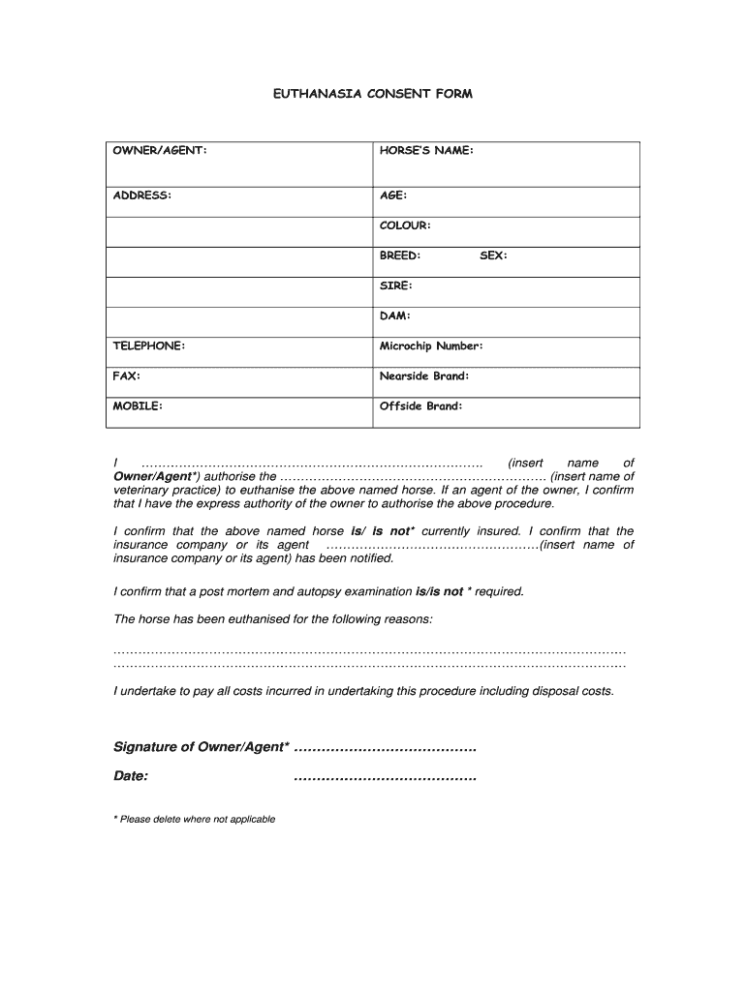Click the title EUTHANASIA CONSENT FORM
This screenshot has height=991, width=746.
tap(372, 94)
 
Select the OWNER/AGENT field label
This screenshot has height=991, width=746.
tap(160, 151)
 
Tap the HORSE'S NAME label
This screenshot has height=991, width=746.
tap(426, 151)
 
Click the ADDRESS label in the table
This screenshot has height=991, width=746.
tap(142, 195)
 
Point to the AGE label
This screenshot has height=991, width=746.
tap(392, 195)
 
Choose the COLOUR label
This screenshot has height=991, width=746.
tap(405, 225)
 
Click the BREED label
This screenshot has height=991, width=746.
tap(400, 255)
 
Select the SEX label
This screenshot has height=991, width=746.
tap(493, 255)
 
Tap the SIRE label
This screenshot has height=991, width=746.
tap(396, 285)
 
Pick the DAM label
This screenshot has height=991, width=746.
tap(395, 315)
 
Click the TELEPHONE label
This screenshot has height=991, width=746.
tap(149, 345)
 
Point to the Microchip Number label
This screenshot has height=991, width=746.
tap(431, 345)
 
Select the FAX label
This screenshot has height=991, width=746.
tap(127, 375)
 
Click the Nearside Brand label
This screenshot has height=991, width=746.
tap(424, 375)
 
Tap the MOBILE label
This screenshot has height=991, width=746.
tap(138, 406)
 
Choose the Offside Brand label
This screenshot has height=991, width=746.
tap(421, 406)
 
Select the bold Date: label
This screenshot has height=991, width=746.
tap(131, 776)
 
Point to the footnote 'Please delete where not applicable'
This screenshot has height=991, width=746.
tap(195, 819)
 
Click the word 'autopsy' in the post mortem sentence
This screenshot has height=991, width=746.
tap(328, 591)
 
